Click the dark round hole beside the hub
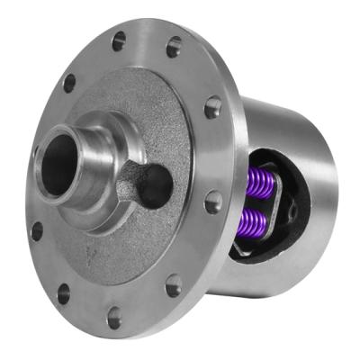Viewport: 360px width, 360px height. point(155,184)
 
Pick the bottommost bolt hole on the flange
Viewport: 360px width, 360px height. point(114,317)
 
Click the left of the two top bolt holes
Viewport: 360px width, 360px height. point(119,40)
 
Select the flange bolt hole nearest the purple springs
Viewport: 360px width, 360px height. point(212,202)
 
